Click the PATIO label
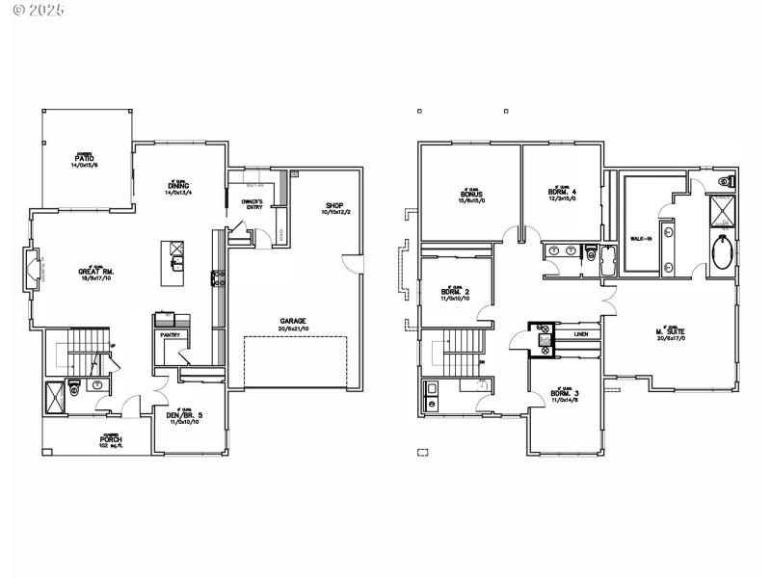[x=84, y=157]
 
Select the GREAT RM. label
[x=96, y=273]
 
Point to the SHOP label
[x=334, y=205]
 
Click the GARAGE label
[x=293, y=321]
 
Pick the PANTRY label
[x=171, y=335]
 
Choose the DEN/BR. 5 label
[x=184, y=416]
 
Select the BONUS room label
[x=471, y=194]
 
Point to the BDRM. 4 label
[x=562, y=192]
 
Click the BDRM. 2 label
[x=455, y=292]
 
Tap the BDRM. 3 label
[x=564, y=394]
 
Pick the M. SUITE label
[x=671, y=334]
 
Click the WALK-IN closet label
[x=641, y=237]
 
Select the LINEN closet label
[x=580, y=334]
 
